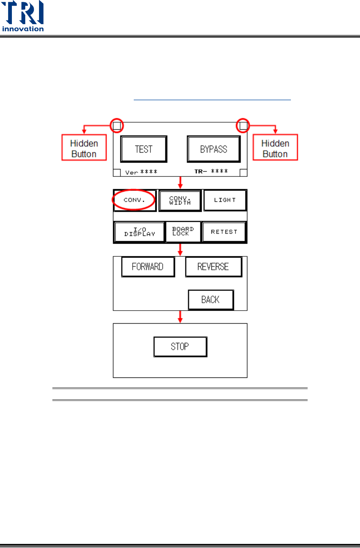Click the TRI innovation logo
(x=23, y=16)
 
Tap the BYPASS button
(x=214, y=149)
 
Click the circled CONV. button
(x=134, y=200)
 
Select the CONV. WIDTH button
(x=180, y=201)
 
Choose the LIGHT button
(x=225, y=200)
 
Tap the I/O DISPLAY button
(x=140, y=232)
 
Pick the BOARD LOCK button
(x=183, y=231)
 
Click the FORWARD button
(x=148, y=267)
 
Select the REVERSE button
(x=213, y=267)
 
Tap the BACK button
(x=211, y=299)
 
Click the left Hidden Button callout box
(x=84, y=148)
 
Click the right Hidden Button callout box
(x=275, y=148)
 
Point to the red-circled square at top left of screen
(x=117, y=126)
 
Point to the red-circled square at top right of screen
(x=243, y=126)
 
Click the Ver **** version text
(x=141, y=172)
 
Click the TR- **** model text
(x=211, y=171)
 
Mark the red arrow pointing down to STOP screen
(x=180, y=317)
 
